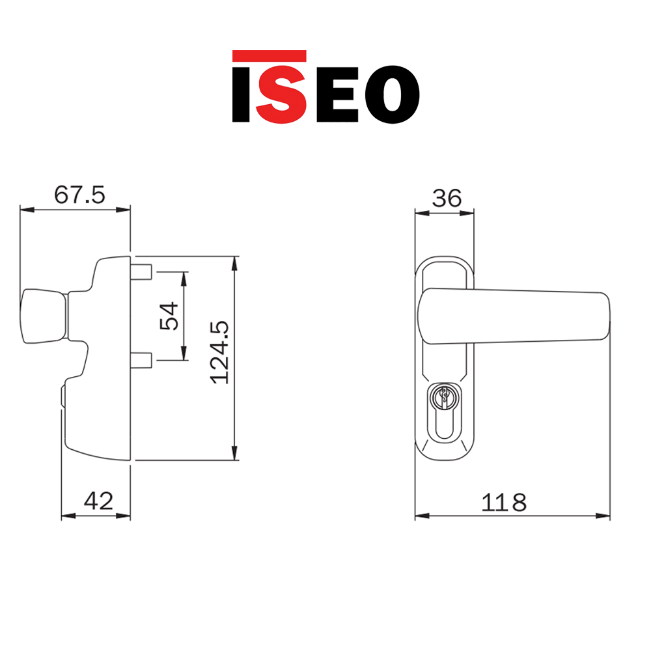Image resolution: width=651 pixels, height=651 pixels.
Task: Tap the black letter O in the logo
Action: [391, 94]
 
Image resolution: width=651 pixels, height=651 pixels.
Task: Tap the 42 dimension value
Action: [99, 501]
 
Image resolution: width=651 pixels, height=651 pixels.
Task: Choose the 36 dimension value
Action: [447, 197]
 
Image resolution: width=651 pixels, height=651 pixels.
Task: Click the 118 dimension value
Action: [504, 502]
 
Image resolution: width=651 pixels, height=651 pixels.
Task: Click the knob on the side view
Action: [44, 315]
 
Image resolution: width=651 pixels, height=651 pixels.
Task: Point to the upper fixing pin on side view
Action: [143, 271]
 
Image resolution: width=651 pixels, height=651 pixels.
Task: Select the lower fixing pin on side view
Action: [143, 359]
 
